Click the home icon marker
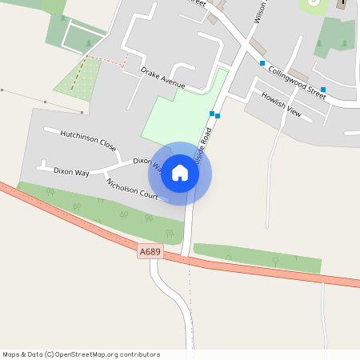pos(180,173)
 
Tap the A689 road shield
pos(150,252)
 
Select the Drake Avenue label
pos(162,78)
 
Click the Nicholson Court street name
pos(132,189)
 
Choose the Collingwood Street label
pos(298,82)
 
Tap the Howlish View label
pos(281,105)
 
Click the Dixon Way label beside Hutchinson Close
pos(71,171)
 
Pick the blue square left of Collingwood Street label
pos(262,63)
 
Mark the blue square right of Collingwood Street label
pos(323,90)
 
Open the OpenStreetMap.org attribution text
pos(80,354)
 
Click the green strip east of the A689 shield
pos(256,258)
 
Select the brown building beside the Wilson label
pos(257,45)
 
